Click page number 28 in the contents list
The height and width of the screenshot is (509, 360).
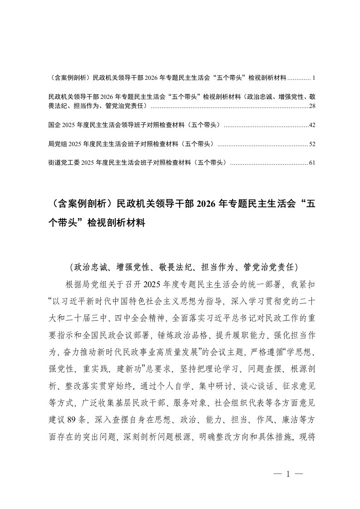coord(311,106)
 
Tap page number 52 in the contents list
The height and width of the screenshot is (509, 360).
coord(311,144)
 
